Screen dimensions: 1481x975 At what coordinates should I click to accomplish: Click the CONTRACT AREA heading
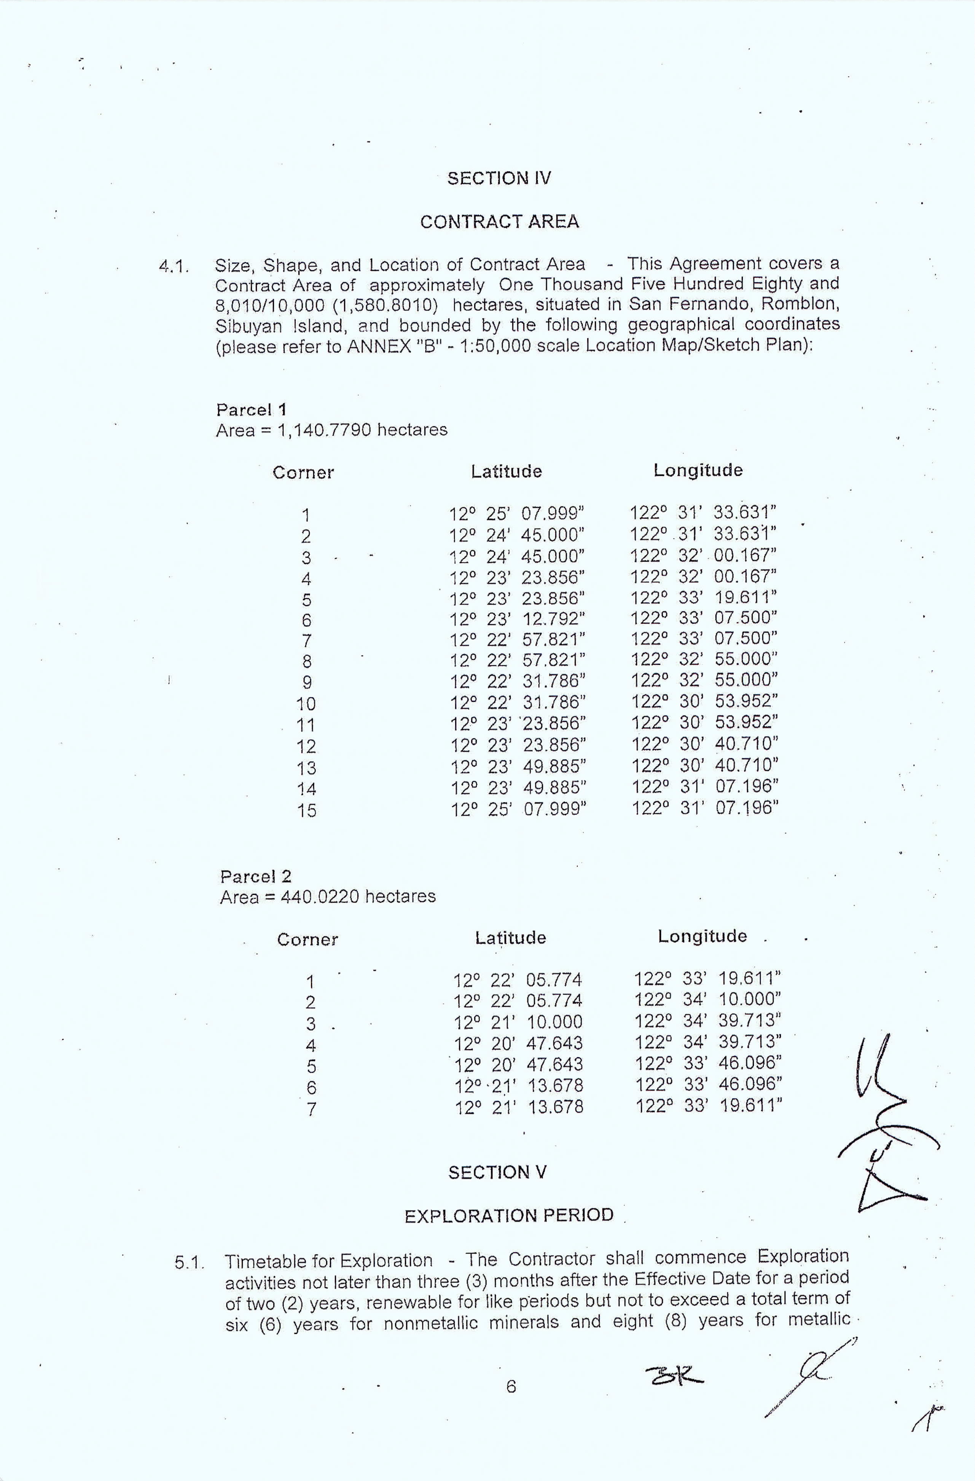499,222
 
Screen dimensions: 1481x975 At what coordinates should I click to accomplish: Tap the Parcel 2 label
256,876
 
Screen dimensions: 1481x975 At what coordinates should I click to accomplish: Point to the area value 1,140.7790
325,430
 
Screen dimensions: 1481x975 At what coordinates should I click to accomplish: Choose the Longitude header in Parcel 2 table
702,936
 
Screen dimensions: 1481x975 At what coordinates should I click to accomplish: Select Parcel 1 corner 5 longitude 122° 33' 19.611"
704,598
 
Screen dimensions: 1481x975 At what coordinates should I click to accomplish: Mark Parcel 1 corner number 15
307,810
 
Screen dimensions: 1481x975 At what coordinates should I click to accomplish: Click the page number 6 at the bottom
511,1387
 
